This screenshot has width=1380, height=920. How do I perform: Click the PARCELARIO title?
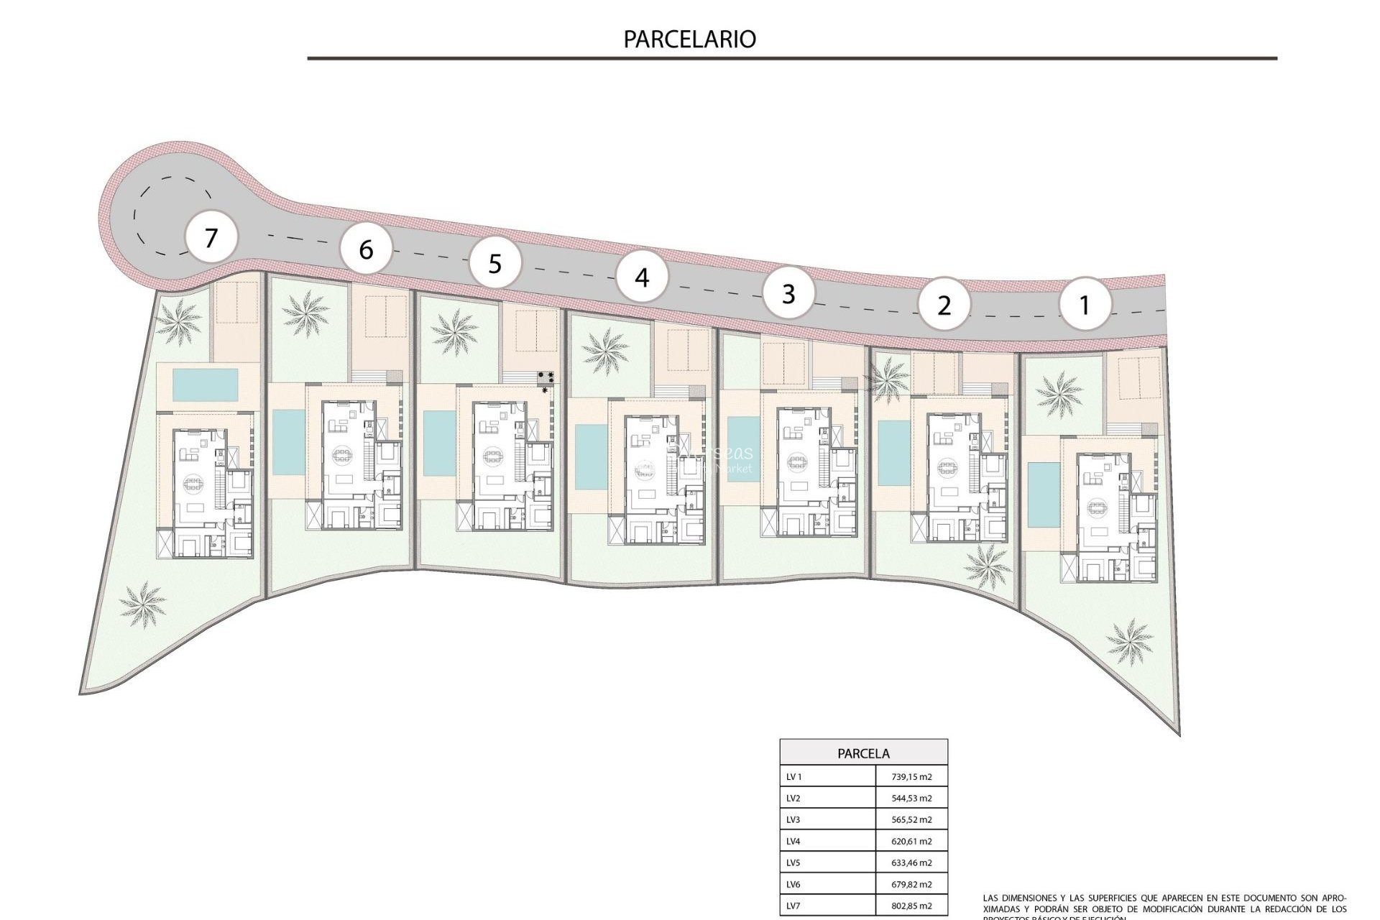[x=689, y=39]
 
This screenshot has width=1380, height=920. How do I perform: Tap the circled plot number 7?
[x=211, y=237]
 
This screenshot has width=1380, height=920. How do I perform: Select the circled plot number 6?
[x=367, y=249]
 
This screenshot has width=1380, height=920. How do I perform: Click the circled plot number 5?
[x=495, y=264]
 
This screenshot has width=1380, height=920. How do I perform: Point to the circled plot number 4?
[x=643, y=277]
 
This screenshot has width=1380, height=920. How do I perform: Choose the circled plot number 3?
[x=789, y=293]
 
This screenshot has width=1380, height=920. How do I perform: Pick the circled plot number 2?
[x=944, y=305]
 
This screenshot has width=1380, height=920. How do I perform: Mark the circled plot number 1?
[x=1085, y=305]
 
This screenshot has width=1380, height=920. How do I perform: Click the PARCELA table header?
[x=863, y=753]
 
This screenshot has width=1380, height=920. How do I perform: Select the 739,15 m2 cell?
[x=911, y=777]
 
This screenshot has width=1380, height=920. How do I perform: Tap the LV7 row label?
[x=793, y=906]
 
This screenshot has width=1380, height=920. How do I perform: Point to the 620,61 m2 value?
[x=911, y=842]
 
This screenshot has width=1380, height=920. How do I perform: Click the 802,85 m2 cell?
[x=911, y=906]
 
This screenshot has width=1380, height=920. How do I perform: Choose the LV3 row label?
[x=793, y=820]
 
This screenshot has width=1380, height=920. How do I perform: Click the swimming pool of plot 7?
[x=206, y=385]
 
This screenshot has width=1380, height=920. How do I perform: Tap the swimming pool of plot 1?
[x=1038, y=494]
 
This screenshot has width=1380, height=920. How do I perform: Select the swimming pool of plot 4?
[x=591, y=457]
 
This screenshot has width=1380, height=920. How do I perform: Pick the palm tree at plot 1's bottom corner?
[x=1129, y=641]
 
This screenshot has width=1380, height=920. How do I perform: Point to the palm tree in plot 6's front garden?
[x=306, y=313]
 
